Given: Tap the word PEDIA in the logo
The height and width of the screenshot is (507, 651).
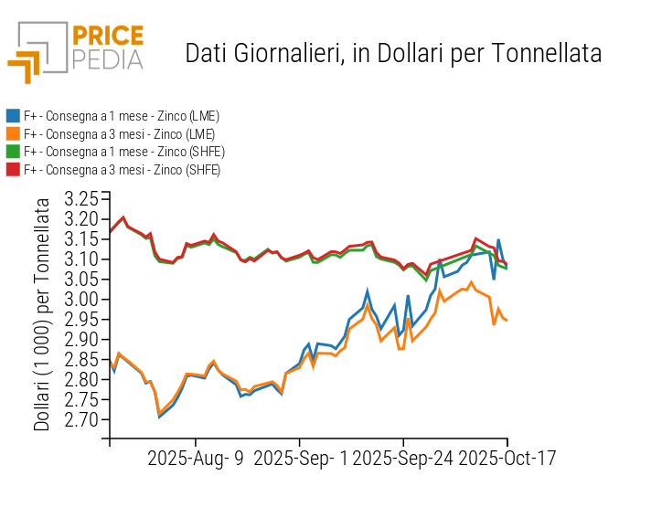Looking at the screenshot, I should click(107, 60).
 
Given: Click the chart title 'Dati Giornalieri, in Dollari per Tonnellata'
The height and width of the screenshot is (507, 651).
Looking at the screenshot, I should click(393, 53).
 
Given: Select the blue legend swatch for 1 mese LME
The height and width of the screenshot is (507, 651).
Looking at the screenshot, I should click(13, 116).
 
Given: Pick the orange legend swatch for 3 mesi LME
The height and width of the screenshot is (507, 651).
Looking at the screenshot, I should click(13, 133).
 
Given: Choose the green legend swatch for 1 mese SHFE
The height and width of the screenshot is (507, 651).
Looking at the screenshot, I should click(13, 152).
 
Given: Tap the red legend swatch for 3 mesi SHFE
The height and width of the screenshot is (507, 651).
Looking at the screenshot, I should click(13, 169).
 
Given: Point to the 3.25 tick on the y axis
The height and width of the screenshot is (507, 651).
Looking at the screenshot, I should click(80, 199).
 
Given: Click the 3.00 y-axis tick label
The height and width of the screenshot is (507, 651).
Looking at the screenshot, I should click(80, 300).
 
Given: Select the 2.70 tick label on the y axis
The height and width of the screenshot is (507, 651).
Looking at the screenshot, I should click(80, 420).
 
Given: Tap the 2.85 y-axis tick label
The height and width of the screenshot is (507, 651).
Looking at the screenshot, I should click(80, 360).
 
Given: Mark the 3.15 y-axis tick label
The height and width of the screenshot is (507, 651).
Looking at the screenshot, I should click(80, 239).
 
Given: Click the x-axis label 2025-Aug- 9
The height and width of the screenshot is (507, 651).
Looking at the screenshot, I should click(196, 458).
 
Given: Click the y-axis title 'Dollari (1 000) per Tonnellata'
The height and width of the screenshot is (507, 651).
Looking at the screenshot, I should click(42, 314).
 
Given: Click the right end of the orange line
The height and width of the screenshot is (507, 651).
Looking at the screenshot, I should click(507, 320).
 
